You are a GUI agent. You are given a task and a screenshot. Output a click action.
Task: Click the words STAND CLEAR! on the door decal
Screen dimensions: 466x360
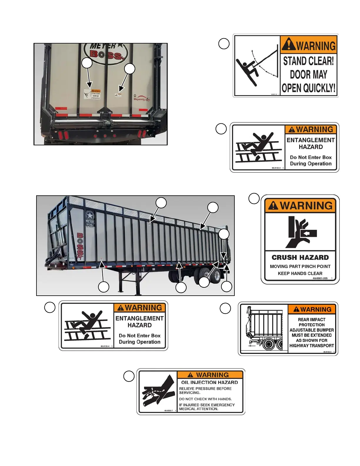point(308,61)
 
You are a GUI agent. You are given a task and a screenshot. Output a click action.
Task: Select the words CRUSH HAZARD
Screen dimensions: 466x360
point(300,257)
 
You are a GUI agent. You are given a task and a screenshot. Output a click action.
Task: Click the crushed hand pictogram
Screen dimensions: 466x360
point(300,232)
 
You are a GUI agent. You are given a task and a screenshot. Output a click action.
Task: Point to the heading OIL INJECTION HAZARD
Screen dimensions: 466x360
point(209,382)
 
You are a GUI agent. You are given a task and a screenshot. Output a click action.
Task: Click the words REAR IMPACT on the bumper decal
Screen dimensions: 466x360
point(312,319)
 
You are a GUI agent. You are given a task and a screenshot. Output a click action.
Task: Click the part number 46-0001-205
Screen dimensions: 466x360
point(320,278)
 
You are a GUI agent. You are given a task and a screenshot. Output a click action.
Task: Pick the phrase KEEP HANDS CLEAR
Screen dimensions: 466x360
point(300,273)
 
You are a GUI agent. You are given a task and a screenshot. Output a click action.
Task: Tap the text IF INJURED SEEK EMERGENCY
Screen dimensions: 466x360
point(207,405)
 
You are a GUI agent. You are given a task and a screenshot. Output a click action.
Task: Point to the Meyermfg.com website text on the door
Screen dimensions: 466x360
point(142,99)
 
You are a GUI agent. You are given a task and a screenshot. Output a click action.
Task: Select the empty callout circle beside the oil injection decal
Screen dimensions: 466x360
point(129,376)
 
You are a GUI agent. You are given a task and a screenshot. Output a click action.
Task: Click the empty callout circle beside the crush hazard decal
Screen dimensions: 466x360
point(254,198)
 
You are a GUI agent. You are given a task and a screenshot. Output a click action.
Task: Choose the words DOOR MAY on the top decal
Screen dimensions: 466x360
point(308,74)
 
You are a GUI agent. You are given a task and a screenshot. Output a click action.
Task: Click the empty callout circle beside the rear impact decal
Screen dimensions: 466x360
point(225,308)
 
